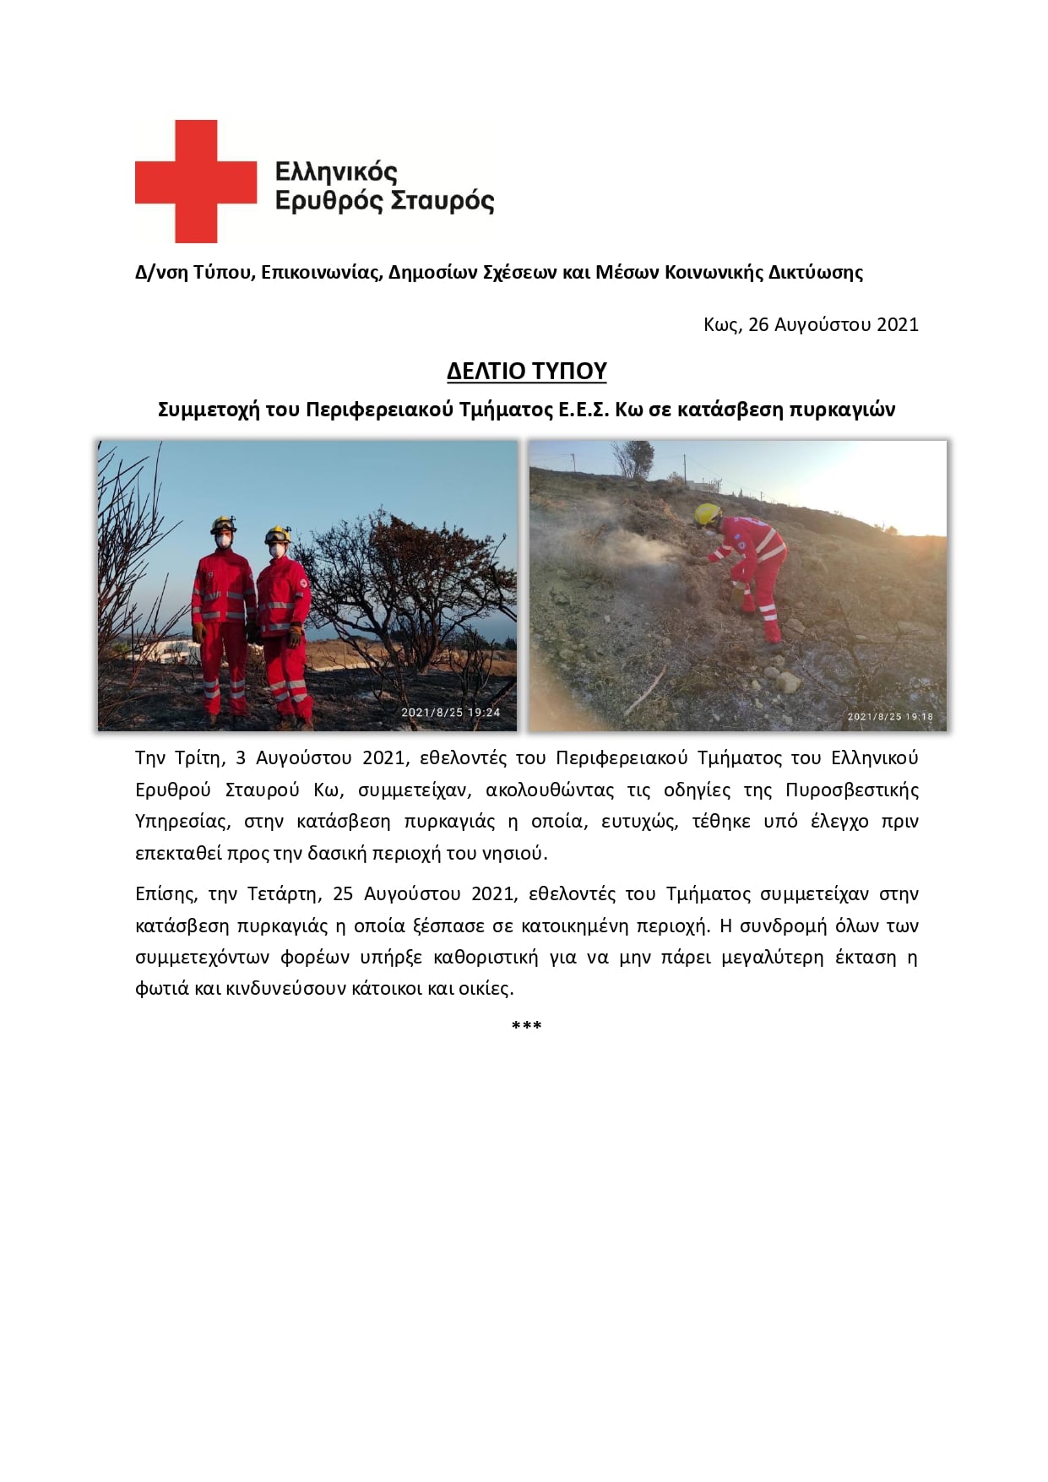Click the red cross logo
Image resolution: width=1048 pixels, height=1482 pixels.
[x=196, y=182]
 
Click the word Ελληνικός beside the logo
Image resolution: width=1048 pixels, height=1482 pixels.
[x=336, y=172]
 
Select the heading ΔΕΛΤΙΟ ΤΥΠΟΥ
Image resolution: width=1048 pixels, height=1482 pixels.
[x=527, y=372]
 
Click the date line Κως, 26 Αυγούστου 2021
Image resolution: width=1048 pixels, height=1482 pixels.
[x=811, y=325]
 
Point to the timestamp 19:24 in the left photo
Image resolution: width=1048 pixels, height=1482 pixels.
[x=484, y=713]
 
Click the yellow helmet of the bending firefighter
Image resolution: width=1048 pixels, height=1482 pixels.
[x=707, y=513]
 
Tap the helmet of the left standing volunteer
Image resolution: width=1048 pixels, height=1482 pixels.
[x=223, y=524]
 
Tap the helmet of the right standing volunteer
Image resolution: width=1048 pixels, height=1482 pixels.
[x=277, y=534]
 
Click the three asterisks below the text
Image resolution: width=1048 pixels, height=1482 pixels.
[x=526, y=1026]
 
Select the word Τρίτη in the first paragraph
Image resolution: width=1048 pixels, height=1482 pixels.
[x=198, y=757]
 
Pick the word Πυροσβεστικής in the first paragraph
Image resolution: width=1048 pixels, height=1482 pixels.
[x=851, y=790]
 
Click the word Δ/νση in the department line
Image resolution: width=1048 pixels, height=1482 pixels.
[x=161, y=273]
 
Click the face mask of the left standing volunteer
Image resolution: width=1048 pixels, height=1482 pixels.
[x=224, y=540]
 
